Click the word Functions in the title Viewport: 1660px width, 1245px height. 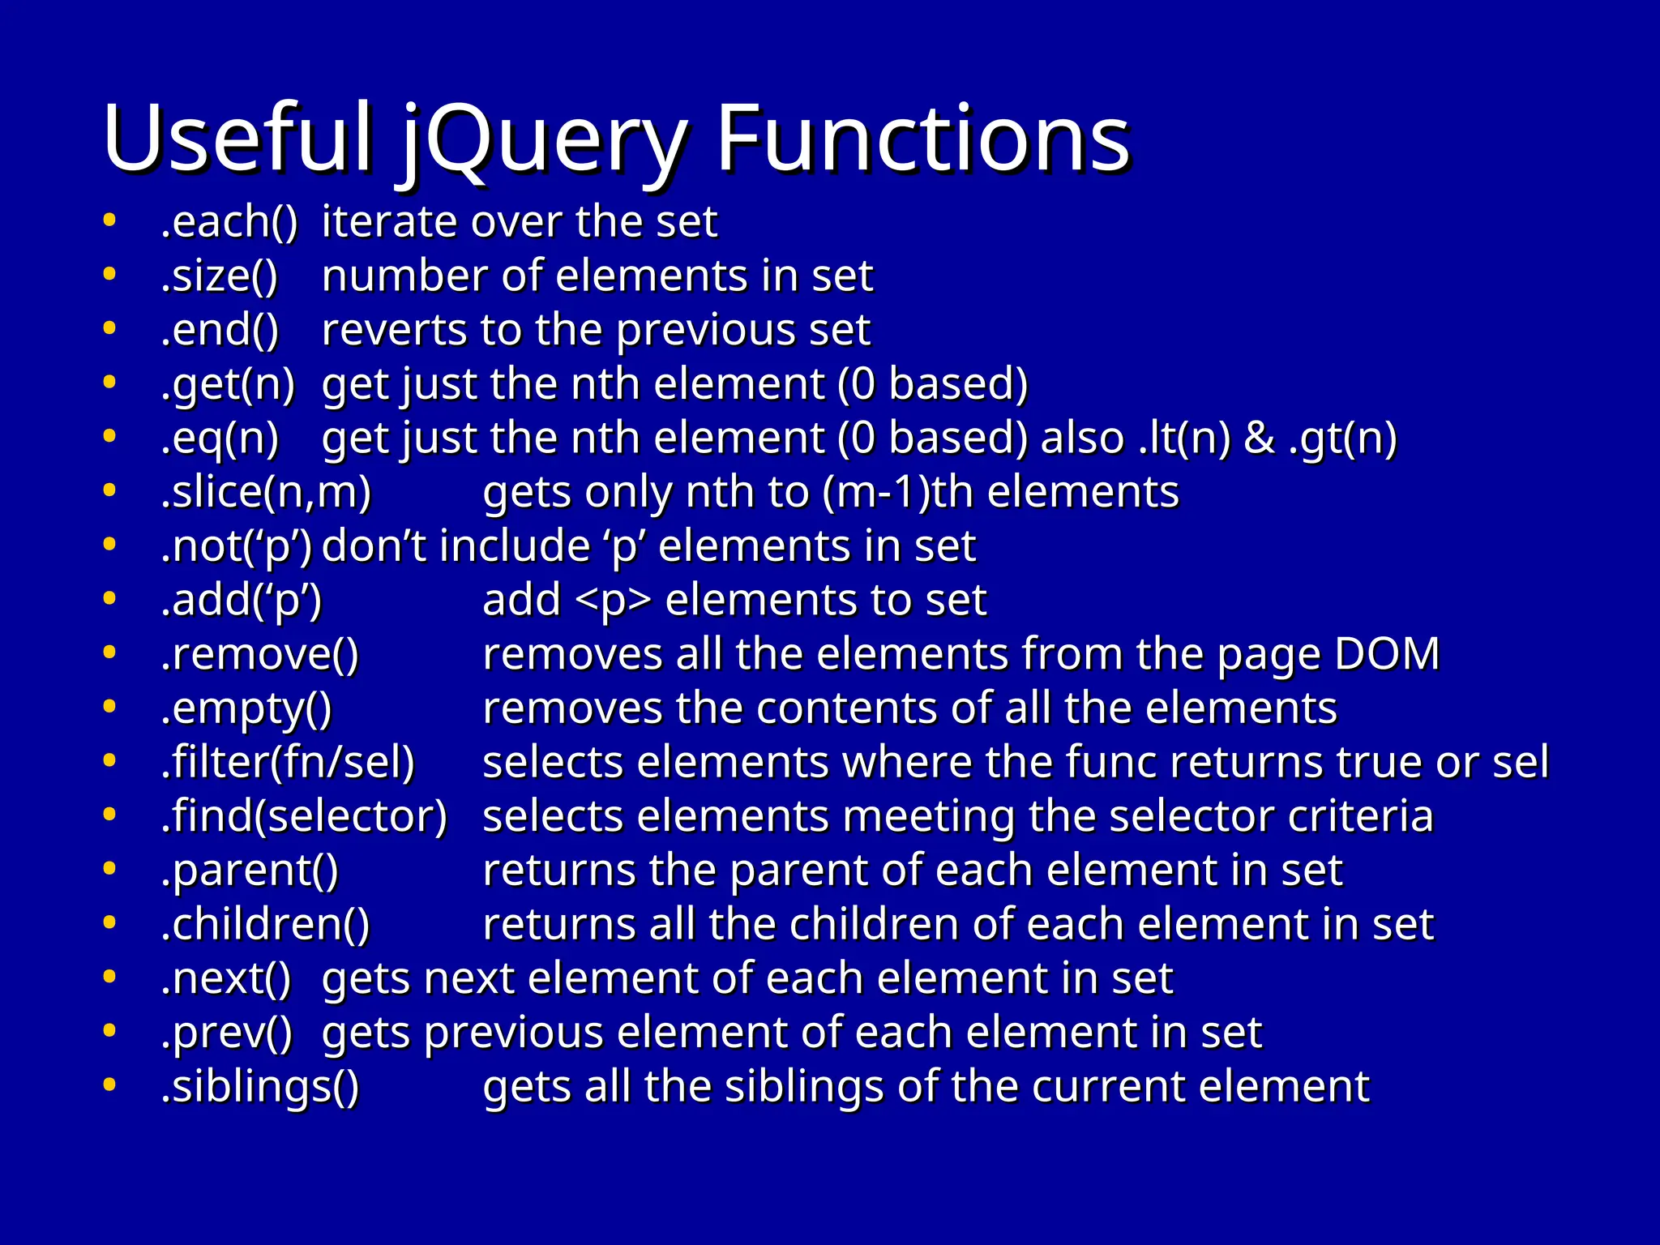point(922,139)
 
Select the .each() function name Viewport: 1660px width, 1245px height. point(229,222)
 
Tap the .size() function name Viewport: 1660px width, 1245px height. point(219,276)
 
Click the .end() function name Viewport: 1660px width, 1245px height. point(220,331)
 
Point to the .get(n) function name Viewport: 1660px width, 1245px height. point(228,384)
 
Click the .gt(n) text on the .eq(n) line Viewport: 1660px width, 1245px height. point(1342,439)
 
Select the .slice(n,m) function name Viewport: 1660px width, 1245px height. point(266,493)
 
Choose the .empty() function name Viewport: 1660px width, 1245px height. point(246,709)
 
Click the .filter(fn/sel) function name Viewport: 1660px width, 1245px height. point(288,763)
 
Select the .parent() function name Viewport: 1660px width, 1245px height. point(250,871)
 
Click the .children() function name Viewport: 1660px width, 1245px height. point(265,925)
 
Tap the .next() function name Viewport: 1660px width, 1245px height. point(225,979)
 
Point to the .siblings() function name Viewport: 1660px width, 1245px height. point(259,1087)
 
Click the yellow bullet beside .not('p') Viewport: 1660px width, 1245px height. point(109,545)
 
